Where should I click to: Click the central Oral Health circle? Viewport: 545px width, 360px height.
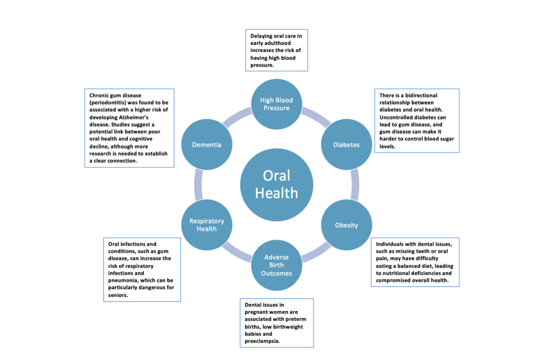[276, 183]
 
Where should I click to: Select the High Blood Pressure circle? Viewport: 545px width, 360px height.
[276, 104]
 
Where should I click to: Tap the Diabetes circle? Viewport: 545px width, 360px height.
[346, 144]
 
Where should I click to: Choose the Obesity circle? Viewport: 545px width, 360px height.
[346, 224]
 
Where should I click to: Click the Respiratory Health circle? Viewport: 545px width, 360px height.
[207, 224]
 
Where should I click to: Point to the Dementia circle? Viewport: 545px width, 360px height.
[207, 144]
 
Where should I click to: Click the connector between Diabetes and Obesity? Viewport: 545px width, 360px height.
[354, 185]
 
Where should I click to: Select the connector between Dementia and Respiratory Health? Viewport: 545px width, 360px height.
[198, 185]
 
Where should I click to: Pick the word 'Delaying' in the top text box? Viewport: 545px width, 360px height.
[265, 36]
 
